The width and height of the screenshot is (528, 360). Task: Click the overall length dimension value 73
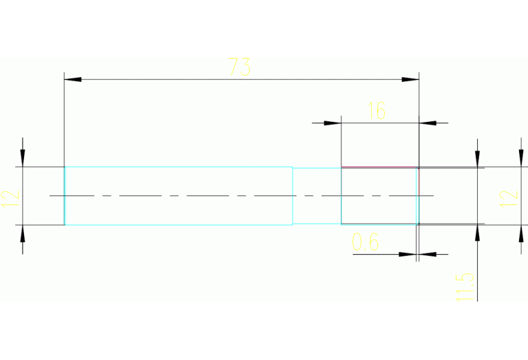[240, 67]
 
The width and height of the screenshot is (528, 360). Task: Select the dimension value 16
[377, 110]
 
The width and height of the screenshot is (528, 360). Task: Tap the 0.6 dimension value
[366, 242]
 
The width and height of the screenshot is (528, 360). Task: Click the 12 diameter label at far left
[11, 196]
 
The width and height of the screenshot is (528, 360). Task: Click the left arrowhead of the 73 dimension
[72, 80]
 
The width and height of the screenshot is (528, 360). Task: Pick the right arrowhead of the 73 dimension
[411, 80]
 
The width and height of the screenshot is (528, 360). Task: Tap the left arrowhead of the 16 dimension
[333, 123]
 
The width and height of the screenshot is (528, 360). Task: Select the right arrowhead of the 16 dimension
[427, 123]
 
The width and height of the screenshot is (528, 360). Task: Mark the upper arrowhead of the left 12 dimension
[23, 158]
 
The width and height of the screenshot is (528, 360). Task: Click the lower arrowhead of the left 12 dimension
[23, 233]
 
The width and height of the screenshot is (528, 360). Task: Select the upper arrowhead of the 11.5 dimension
[477, 158]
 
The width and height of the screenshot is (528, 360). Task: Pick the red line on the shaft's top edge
[379, 167]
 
